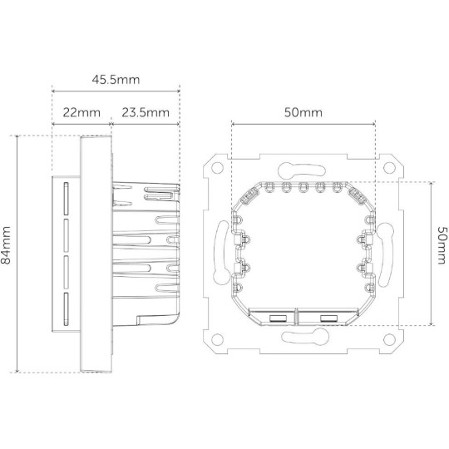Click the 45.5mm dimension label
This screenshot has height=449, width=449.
116,79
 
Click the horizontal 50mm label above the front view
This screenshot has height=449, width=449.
303,112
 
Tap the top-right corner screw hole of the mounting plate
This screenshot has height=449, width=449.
389,165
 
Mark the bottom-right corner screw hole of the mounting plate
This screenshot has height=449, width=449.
389,338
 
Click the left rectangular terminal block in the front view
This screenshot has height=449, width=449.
277,317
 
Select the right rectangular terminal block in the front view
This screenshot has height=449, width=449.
327,317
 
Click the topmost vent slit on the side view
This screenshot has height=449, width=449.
63,196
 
